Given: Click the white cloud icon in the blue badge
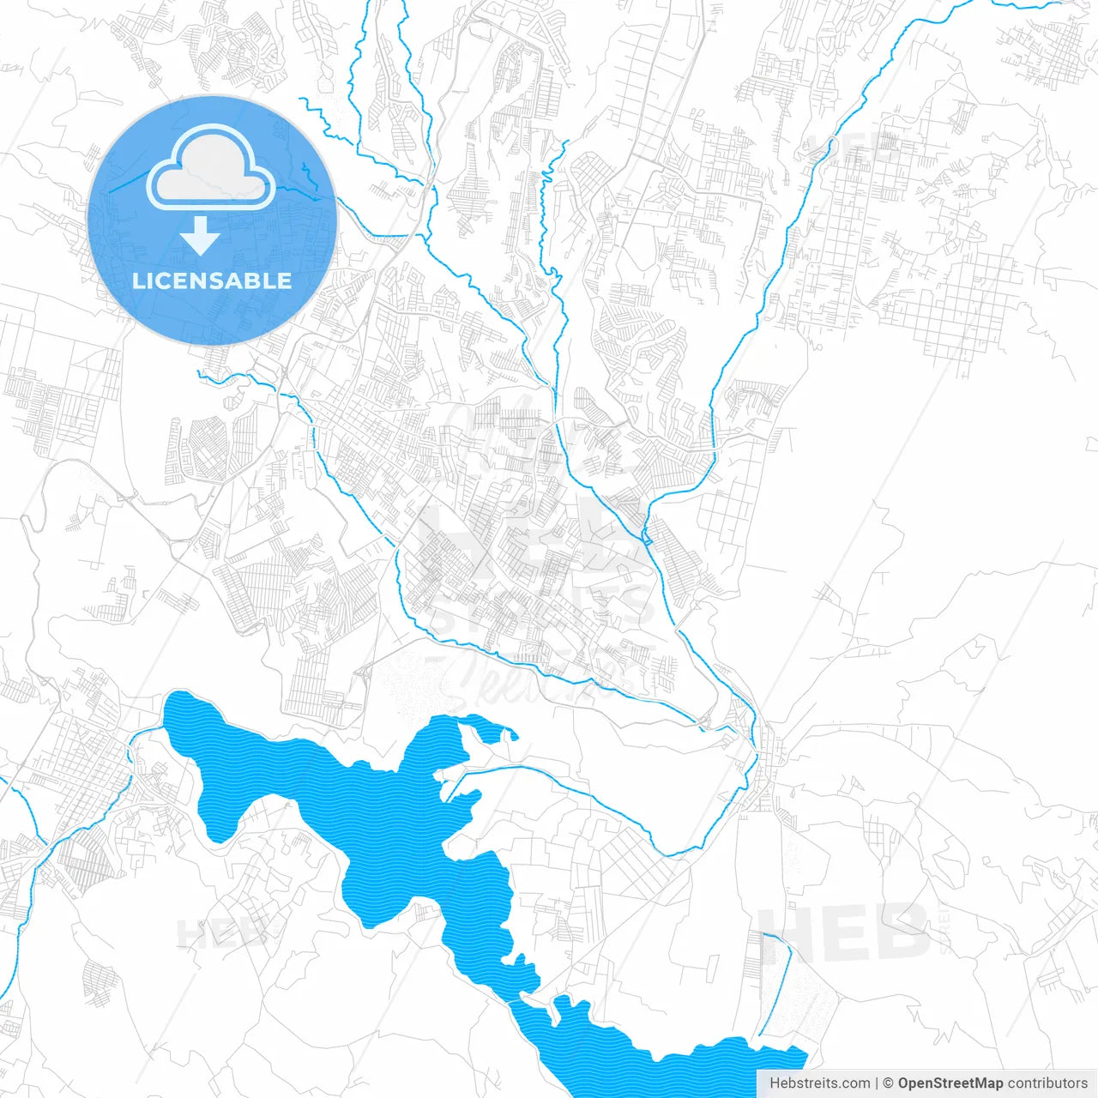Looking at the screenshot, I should click(x=211, y=169).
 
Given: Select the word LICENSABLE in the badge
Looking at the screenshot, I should click(x=212, y=281).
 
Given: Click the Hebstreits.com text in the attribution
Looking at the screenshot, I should click(x=819, y=1083).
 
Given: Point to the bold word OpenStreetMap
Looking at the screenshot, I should click(x=950, y=1083).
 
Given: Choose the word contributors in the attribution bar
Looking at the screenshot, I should click(x=1047, y=1083).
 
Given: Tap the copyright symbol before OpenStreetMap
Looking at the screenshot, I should click(x=889, y=1083).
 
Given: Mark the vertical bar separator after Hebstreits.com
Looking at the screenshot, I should click(x=877, y=1083).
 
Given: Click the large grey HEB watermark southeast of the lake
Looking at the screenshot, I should click(x=845, y=932).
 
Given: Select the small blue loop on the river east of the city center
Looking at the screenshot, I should click(x=647, y=537).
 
